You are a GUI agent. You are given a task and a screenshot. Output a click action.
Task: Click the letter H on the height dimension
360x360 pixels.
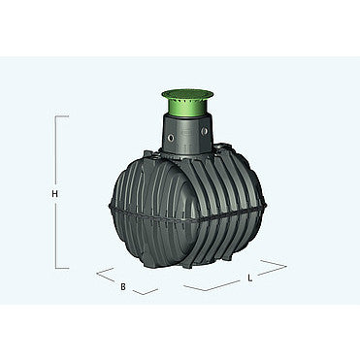point(55,194)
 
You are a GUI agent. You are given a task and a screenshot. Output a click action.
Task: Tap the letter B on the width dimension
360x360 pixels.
point(123,286)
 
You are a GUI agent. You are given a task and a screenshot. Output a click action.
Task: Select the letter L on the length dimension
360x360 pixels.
point(249,278)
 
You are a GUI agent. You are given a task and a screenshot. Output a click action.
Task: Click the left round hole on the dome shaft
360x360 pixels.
point(171,138)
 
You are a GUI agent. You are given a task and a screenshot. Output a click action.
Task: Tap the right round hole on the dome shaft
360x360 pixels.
point(205,131)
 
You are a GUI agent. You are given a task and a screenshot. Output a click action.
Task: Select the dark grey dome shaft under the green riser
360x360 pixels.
point(187,133)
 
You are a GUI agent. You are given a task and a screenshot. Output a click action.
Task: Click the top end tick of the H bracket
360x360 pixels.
point(62,115)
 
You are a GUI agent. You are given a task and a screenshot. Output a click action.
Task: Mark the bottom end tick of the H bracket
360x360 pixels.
point(62,268)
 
